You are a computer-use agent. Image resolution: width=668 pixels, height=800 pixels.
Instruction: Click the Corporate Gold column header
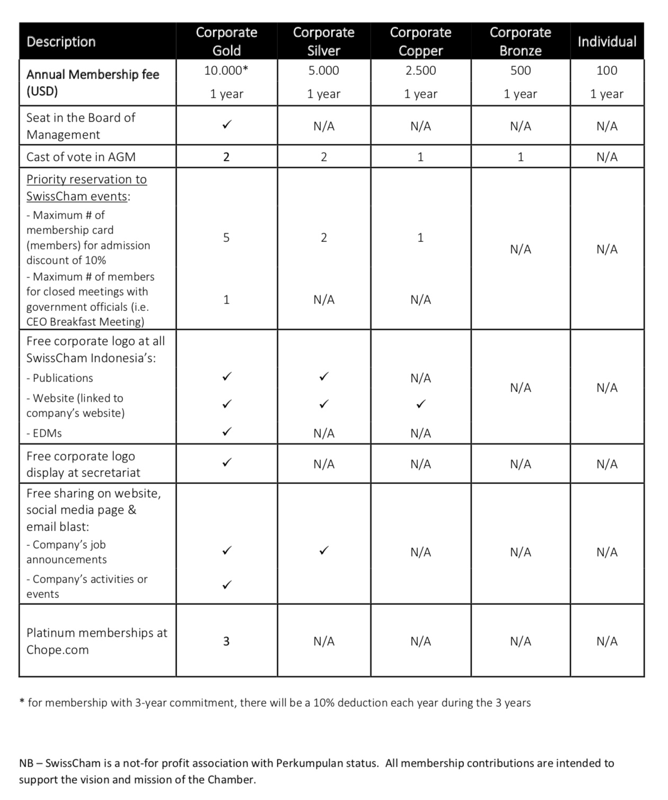point(226,41)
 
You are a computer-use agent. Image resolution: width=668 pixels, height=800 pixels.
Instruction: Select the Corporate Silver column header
point(323,41)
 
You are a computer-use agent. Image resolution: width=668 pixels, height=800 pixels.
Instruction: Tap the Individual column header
point(607,41)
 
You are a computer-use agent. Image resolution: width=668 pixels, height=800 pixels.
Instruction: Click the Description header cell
point(61,41)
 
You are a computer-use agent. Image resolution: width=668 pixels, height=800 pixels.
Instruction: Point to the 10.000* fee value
point(226,71)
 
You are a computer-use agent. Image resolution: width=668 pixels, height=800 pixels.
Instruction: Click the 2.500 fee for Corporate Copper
point(420,71)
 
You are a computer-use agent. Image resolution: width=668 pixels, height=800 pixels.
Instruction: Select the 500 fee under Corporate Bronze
point(520,71)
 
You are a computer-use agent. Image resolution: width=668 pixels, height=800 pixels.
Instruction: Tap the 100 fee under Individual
point(607,71)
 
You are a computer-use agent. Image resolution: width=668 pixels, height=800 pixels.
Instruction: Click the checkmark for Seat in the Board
point(226,125)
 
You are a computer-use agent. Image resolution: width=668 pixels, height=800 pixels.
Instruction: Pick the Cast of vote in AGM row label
point(81,157)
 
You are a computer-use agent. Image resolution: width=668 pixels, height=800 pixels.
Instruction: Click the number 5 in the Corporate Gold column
point(226,238)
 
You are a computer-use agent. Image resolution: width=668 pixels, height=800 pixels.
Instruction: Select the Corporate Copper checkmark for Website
point(420,404)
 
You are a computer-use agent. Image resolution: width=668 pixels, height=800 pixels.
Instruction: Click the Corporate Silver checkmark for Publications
point(323,377)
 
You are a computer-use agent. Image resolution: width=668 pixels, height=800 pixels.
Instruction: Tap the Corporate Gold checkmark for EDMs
point(226,431)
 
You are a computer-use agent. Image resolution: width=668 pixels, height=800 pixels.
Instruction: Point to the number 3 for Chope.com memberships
point(226,641)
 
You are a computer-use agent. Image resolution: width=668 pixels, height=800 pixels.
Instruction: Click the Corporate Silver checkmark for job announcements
point(323,551)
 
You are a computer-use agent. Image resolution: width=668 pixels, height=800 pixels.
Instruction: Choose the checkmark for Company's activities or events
point(226,585)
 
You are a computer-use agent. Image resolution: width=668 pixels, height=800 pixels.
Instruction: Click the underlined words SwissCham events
point(77,196)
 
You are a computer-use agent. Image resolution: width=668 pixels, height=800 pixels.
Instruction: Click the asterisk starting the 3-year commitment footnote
point(22,702)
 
